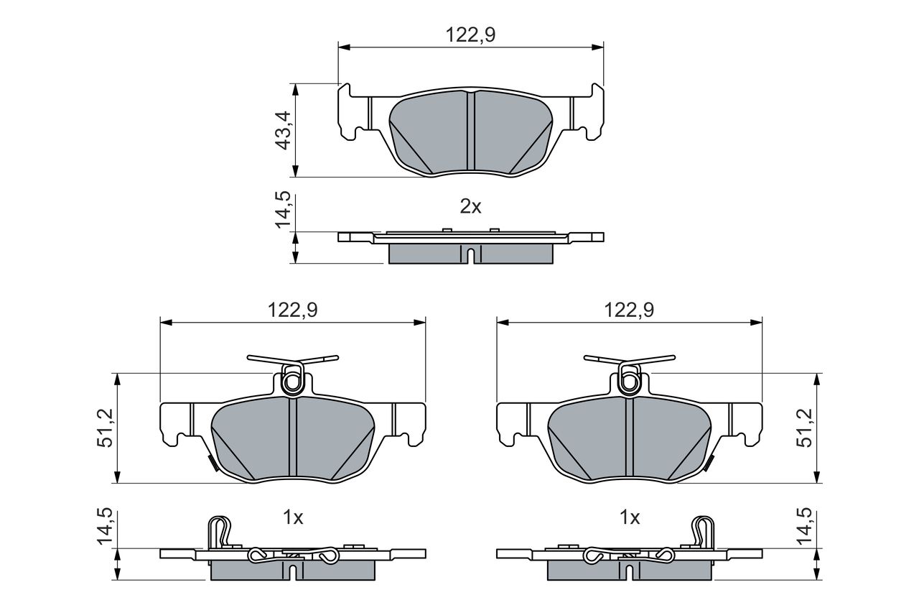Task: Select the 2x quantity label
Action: coord(470,207)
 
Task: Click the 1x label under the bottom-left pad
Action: coord(294,517)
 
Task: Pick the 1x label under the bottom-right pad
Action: coord(630,517)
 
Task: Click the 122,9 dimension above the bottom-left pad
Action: coord(293,310)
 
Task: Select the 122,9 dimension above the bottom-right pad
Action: coord(629,310)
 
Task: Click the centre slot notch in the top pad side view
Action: coord(470,254)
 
